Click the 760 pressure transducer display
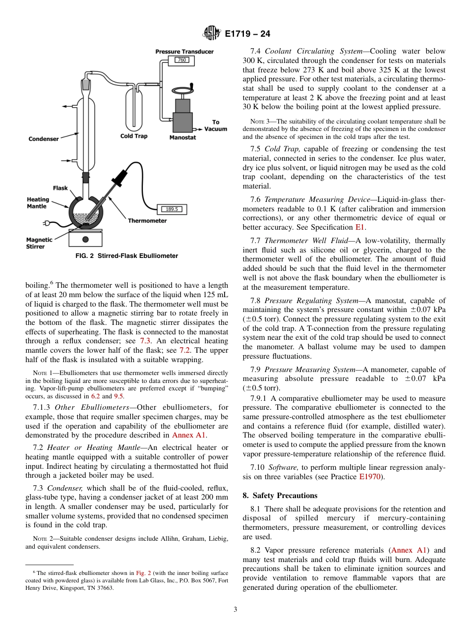[x=181, y=60]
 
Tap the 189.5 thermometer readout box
[x=172, y=209]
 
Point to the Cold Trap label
[x=134, y=136]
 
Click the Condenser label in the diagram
[x=44, y=139]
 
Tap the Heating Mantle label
[x=38, y=202]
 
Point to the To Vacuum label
[x=216, y=126]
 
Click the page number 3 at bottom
[x=235, y=610]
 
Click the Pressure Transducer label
[x=184, y=52]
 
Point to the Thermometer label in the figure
[x=147, y=221]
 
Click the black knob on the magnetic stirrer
[x=85, y=239]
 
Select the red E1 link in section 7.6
[x=360, y=227]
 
